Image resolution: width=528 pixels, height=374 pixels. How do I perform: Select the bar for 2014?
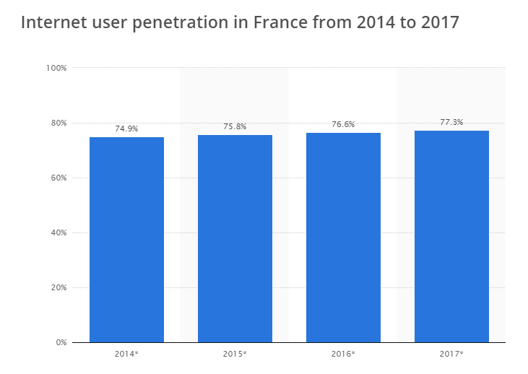pyautogui.click(x=126, y=240)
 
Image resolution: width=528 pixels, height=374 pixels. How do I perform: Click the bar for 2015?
pyautogui.click(x=235, y=238)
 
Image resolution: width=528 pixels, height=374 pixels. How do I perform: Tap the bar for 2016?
pyautogui.click(x=343, y=238)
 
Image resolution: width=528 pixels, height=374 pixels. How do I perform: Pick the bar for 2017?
pyautogui.click(x=451, y=236)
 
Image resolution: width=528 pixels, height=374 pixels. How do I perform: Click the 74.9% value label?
pyautogui.click(x=126, y=129)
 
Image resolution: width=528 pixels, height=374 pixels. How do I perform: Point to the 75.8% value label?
pyautogui.click(x=235, y=126)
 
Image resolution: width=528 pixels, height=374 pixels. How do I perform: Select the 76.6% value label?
pyautogui.click(x=343, y=124)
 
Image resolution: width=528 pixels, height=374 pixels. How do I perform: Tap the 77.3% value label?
pyautogui.click(x=451, y=122)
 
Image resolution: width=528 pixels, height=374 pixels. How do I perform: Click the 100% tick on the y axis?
pyautogui.click(x=56, y=68)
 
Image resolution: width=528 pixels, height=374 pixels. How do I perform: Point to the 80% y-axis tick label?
pyautogui.click(x=58, y=123)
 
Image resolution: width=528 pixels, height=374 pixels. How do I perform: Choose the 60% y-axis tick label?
pyautogui.click(x=58, y=178)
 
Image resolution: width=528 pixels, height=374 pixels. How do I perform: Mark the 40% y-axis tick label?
pyautogui.click(x=58, y=232)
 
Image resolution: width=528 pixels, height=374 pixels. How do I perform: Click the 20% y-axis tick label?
pyautogui.click(x=58, y=287)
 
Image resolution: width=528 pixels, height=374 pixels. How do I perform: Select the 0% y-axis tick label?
pyautogui.click(x=61, y=342)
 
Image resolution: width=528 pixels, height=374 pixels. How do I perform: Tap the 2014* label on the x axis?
pyautogui.click(x=126, y=354)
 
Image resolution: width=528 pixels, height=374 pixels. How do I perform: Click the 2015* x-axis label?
pyautogui.click(x=235, y=354)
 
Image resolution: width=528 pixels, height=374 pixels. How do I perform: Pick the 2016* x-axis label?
pyautogui.click(x=343, y=354)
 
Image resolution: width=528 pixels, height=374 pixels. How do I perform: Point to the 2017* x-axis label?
pyautogui.click(x=451, y=354)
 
